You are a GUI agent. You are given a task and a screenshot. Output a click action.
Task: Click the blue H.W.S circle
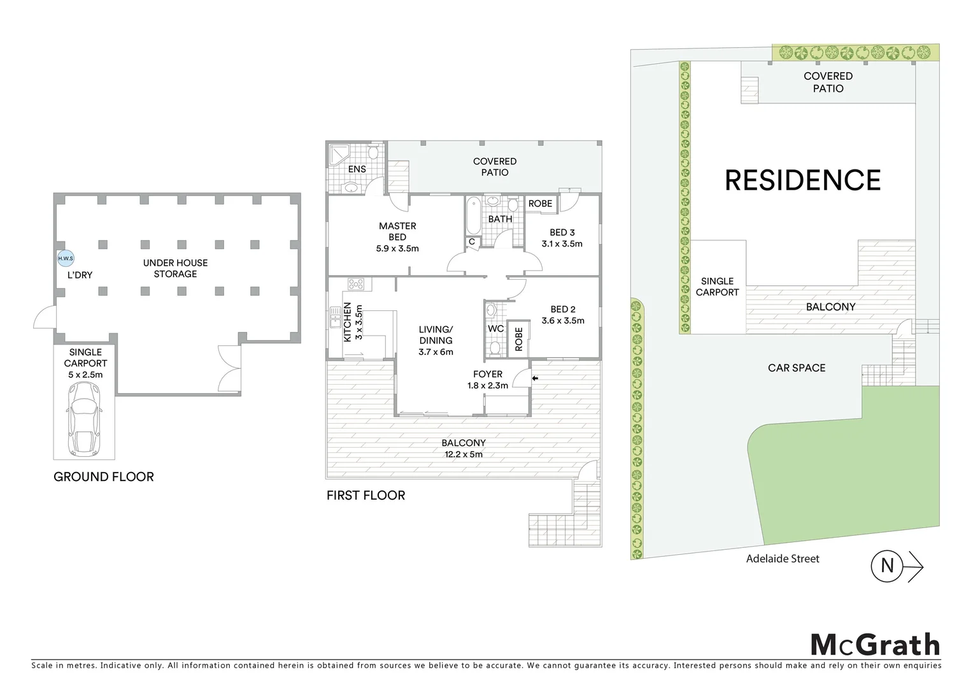point(66,259)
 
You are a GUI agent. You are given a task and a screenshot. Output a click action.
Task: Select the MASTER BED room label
point(397,237)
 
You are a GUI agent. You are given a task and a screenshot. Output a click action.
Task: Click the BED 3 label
point(562,238)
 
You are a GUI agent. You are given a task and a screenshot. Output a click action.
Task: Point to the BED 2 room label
point(563,315)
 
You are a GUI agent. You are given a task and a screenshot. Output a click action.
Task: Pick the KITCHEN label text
point(348,322)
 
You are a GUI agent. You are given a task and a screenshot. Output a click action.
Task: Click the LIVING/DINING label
point(436,340)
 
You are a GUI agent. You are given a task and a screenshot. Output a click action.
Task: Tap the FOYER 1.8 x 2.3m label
point(488,380)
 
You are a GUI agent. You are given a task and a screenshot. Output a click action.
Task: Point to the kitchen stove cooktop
point(355,284)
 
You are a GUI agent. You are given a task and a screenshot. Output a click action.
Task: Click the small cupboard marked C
point(472,242)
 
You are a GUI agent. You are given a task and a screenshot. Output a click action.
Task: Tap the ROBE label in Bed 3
point(540,204)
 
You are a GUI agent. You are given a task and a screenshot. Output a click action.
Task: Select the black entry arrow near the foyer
point(535,378)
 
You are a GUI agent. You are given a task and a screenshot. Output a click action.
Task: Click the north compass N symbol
point(888,565)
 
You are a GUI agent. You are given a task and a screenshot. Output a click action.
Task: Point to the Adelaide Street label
point(783,559)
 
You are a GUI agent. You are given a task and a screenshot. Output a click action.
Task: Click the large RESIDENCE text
point(802,180)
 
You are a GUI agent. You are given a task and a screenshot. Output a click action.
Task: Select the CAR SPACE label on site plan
point(796,368)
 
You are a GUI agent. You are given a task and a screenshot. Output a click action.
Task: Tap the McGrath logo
point(875,645)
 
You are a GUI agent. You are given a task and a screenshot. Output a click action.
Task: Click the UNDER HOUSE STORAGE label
point(175,268)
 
